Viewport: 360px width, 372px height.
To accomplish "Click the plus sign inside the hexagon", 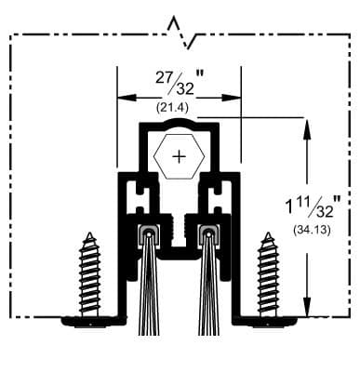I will click(179, 154).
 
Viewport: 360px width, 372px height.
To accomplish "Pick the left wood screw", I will click(90, 275).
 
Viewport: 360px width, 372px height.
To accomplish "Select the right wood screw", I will click(268, 275).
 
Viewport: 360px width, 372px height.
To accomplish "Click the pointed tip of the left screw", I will click(90, 235).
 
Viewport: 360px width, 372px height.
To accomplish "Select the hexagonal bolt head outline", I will click(179, 137).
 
